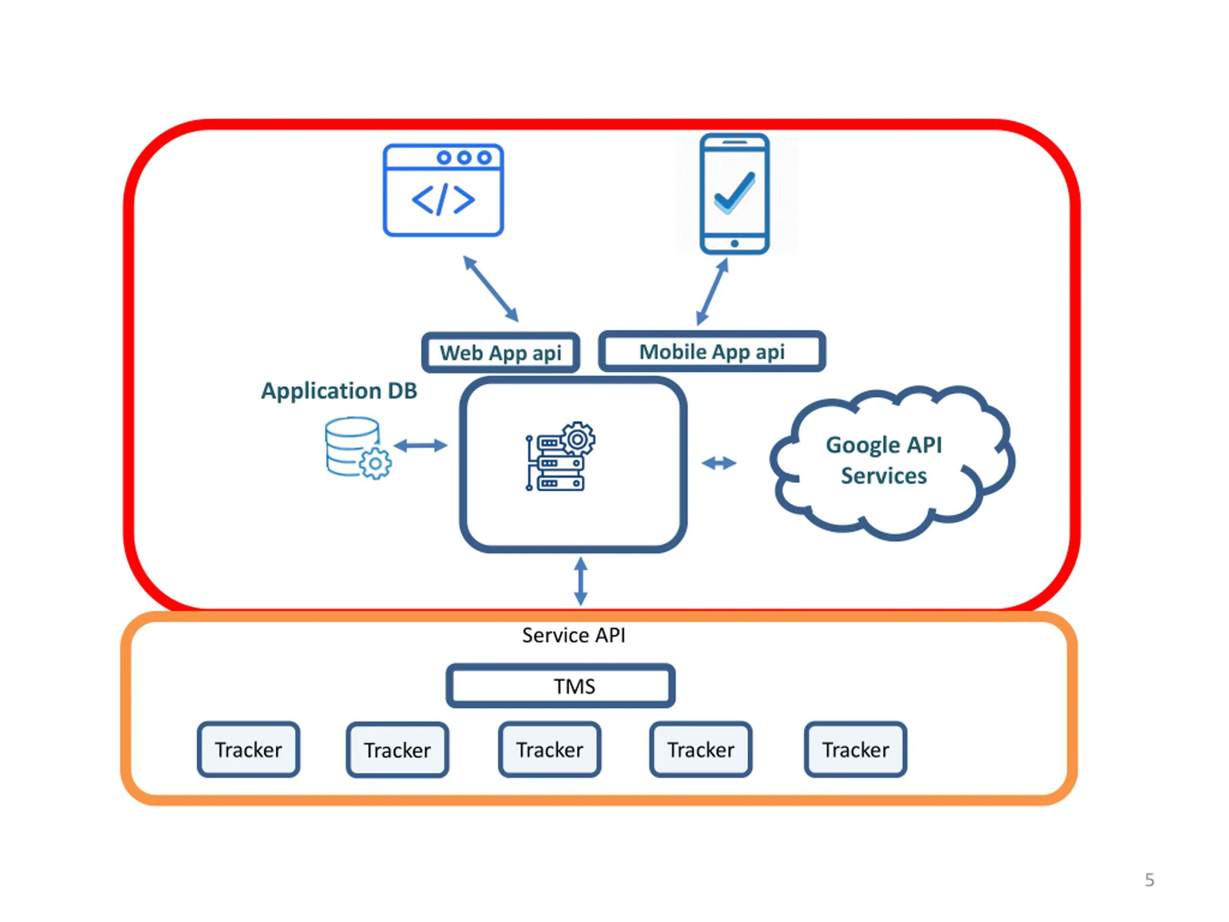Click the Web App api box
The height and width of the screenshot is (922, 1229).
click(x=501, y=352)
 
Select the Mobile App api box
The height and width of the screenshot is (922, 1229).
click(x=712, y=351)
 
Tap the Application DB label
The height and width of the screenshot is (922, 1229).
click(x=339, y=391)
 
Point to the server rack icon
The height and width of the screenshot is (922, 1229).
click(x=560, y=457)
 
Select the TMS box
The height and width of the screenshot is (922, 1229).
click(x=561, y=686)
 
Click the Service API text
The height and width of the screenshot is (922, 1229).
click(x=573, y=635)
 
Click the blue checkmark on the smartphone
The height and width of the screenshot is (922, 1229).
click(x=735, y=192)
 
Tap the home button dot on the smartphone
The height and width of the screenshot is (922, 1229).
click(x=735, y=243)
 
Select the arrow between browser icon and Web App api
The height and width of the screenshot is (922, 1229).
click(x=491, y=289)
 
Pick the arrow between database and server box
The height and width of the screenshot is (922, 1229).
click(x=421, y=445)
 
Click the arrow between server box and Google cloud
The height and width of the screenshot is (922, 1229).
click(x=719, y=463)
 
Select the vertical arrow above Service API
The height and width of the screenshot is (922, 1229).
click(x=580, y=582)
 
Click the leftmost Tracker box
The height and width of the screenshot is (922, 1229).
click(x=248, y=749)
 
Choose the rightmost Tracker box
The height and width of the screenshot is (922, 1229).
click(x=855, y=749)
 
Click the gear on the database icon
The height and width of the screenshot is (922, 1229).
click(x=375, y=463)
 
